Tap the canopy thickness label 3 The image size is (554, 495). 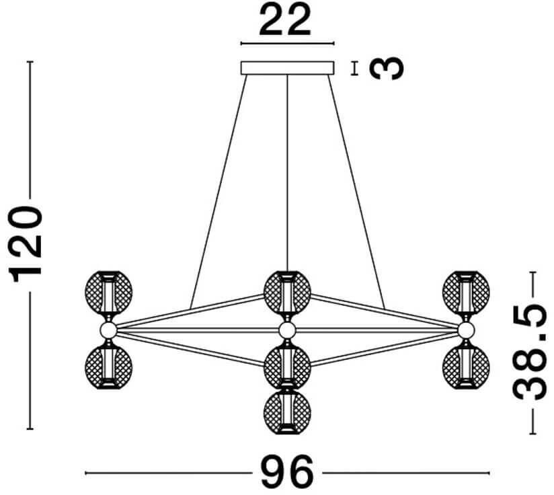(388, 68)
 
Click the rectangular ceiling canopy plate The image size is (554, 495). (287, 68)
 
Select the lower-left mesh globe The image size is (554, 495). (108, 367)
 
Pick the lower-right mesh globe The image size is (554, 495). (465, 367)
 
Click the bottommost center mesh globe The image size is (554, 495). (287, 410)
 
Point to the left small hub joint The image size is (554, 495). (108, 330)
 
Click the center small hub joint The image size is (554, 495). (287, 330)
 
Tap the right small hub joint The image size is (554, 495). (465, 330)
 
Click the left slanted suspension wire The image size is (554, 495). (219, 188)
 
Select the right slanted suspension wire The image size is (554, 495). (356, 188)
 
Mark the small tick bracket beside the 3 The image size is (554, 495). (354, 68)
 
